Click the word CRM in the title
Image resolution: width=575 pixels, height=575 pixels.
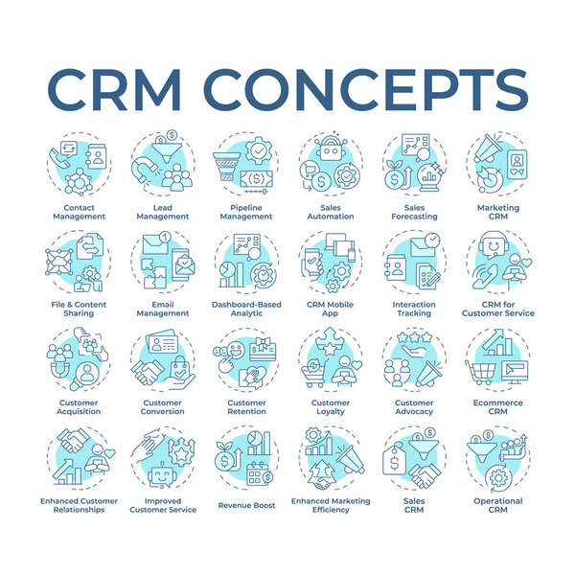tap(114, 89)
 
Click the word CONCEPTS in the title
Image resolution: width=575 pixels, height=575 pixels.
tap(366, 89)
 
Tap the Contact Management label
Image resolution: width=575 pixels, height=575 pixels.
tap(79, 212)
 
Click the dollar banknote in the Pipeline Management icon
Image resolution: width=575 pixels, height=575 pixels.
tap(256, 178)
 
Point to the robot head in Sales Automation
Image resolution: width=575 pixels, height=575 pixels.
tap(331, 149)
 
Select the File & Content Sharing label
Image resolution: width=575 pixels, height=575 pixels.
tap(79, 309)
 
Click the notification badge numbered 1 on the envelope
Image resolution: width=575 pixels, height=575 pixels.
tap(166, 237)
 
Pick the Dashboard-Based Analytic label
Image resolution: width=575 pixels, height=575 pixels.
tap(246, 309)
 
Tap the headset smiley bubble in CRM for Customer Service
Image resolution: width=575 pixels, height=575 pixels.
tap(494, 244)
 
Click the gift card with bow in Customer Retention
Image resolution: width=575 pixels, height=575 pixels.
tap(263, 349)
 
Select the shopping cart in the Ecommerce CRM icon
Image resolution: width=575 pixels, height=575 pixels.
tap(481, 373)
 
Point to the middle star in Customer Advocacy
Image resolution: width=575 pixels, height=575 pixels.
tap(414, 336)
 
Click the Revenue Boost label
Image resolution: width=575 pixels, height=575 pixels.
tap(246, 505)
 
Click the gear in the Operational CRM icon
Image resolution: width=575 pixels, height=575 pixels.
tap(498, 478)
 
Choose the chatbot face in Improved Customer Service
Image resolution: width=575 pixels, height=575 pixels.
tap(162, 475)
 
